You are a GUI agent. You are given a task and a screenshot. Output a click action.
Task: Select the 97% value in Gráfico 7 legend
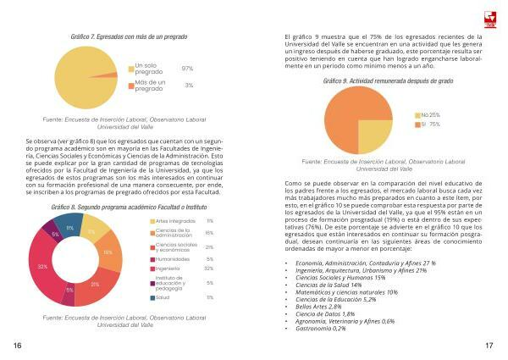pos(187,69)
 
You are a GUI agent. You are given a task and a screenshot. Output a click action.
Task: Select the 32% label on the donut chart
pos(42,266)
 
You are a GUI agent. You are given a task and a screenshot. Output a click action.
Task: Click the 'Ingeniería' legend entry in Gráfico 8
pos(173,268)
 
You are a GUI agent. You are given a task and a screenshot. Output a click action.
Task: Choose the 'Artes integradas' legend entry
pos(177,220)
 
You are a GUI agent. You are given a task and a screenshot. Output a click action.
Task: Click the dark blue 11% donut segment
pos(69,228)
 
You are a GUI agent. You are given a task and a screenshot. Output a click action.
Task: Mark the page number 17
pos(489,346)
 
